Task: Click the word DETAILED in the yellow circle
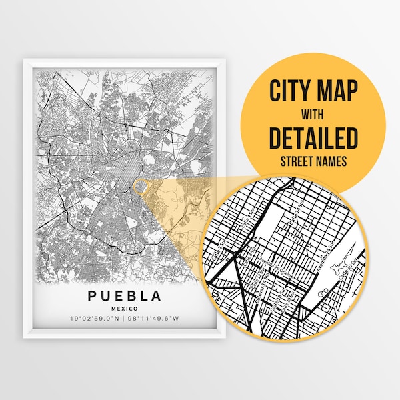point(314,137)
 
